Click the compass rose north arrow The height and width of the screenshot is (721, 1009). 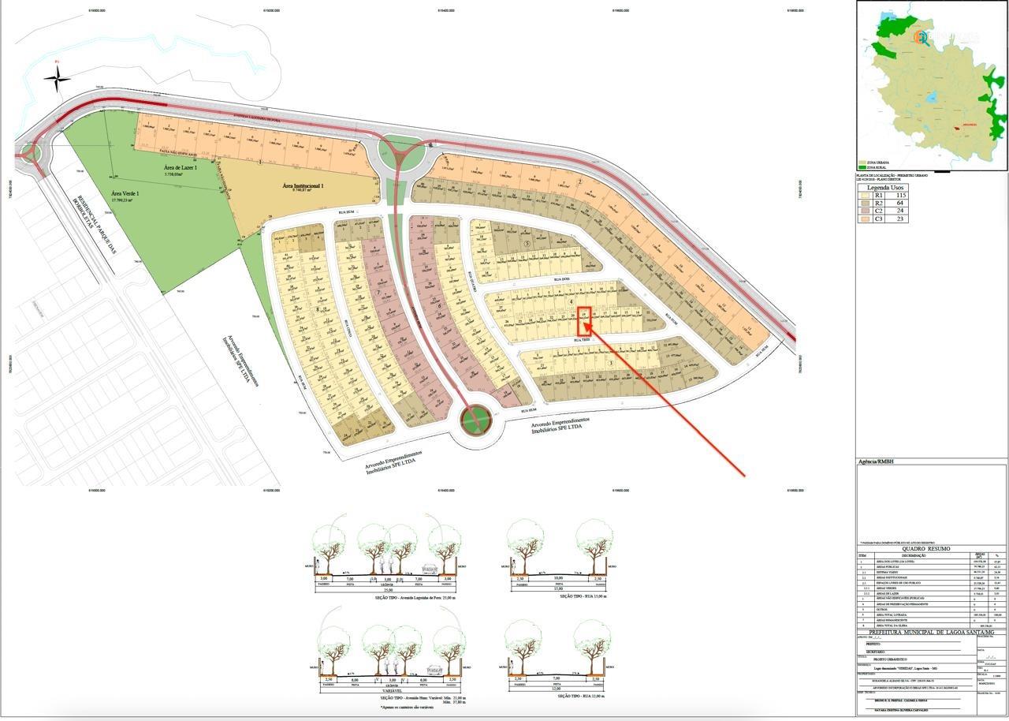point(57,77)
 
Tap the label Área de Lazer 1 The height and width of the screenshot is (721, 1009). point(181,168)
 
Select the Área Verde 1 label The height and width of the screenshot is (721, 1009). point(125,196)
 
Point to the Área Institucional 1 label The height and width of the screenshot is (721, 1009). point(303,186)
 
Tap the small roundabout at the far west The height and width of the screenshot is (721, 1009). point(30,151)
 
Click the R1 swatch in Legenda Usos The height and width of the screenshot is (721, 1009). point(866,195)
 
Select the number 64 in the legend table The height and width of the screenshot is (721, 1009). point(899,203)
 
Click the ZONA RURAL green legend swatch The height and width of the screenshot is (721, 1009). point(862,168)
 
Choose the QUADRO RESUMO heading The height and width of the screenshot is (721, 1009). point(932,548)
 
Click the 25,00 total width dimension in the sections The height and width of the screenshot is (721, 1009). point(388,590)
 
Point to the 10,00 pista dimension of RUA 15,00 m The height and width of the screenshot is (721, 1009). point(557,578)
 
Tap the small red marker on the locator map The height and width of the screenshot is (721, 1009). point(959,127)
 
